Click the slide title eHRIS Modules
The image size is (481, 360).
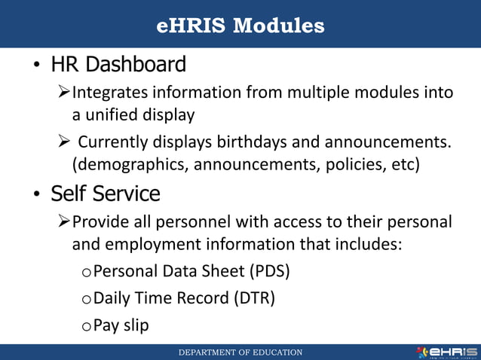(x=240, y=26)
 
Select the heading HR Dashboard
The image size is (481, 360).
(x=118, y=66)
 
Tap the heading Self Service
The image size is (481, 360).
(x=106, y=194)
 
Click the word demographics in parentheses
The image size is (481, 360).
(x=132, y=164)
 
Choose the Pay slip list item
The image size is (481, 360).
(x=125, y=325)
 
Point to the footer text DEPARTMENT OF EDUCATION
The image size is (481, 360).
(x=240, y=352)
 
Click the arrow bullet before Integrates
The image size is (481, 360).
(x=64, y=93)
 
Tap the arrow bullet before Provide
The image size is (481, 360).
(x=64, y=221)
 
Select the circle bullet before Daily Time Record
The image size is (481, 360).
(x=88, y=300)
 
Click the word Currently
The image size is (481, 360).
(x=113, y=142)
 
